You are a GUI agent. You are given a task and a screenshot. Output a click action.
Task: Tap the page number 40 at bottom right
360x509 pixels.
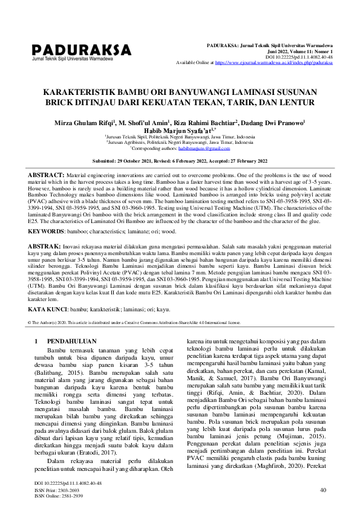coord(323,490)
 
